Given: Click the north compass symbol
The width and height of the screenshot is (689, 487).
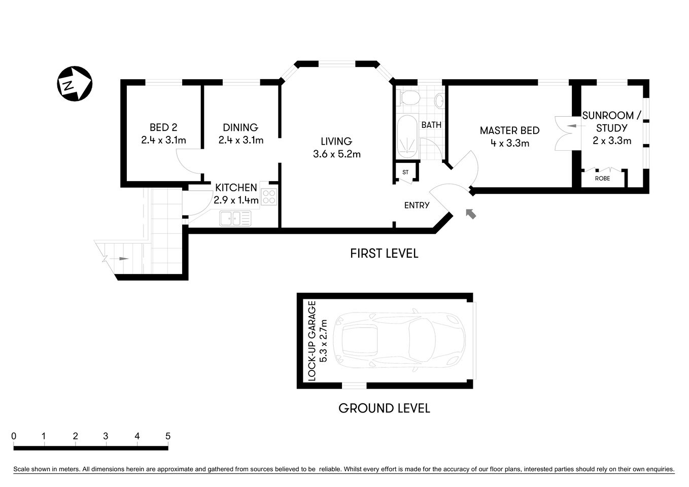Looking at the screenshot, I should coord(74,84).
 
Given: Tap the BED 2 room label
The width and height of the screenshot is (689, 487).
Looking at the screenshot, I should coord(163,127).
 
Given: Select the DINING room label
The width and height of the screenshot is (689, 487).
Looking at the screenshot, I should coord(240,127).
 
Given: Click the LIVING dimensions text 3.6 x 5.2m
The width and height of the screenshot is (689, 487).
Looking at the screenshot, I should coord(336,154).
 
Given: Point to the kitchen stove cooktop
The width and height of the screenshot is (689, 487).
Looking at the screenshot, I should coord(269,196).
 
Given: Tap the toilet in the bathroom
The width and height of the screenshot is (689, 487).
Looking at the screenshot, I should coord(409,97).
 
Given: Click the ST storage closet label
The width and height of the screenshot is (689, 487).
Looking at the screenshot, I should coord(405,172).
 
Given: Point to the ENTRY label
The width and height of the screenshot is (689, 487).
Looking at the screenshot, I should coord(417,205).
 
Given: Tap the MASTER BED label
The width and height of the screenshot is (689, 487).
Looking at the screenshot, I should coord(509,130).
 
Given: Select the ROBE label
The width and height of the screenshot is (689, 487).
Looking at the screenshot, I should coord(602,179).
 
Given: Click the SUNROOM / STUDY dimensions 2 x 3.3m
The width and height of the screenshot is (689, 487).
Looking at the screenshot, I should coord(612,141).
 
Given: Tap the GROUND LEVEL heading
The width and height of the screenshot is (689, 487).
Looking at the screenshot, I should coord(384,408).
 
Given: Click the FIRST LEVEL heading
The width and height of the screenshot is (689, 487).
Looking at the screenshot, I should coord(384,253).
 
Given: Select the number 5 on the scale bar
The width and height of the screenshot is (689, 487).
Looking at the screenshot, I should coord(167,436).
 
